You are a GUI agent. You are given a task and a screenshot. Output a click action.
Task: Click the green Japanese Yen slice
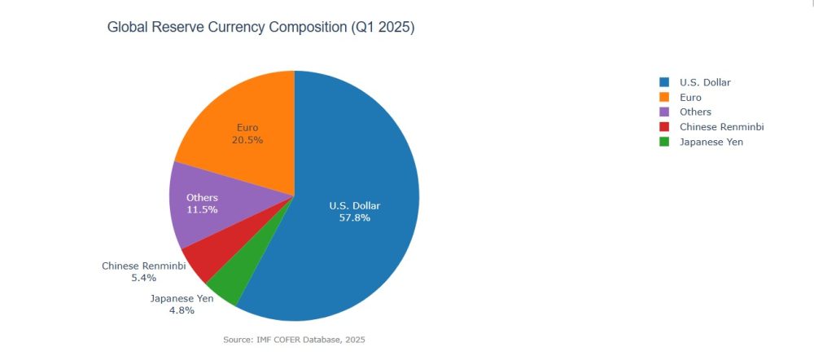(224, 290)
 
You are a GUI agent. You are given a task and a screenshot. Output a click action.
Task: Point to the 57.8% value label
(354, 218)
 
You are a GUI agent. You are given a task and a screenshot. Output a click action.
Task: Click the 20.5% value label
(247, 140)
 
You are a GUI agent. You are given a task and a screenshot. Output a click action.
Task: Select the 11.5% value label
(202, 210)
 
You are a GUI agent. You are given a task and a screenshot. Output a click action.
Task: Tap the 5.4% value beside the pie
(143, 278)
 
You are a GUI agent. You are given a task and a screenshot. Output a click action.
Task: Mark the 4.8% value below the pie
(182, 310)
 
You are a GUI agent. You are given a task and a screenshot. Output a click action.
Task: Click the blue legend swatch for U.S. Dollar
(664, 82)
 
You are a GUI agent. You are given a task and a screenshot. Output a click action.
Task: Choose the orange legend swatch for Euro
(664, 97)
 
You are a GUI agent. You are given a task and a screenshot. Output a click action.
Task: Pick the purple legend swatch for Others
(664, 112)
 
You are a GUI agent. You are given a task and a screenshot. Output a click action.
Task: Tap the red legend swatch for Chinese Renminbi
(664, 127)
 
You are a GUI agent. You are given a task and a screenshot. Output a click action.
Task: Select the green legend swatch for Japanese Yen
(664, 142)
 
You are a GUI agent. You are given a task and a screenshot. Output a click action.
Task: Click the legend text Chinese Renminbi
(721, 127)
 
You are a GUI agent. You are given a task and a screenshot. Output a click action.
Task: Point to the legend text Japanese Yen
(711, 142)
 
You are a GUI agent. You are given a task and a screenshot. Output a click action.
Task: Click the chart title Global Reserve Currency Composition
(260, 28)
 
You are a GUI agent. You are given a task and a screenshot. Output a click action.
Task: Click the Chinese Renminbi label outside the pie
(143, 266)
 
